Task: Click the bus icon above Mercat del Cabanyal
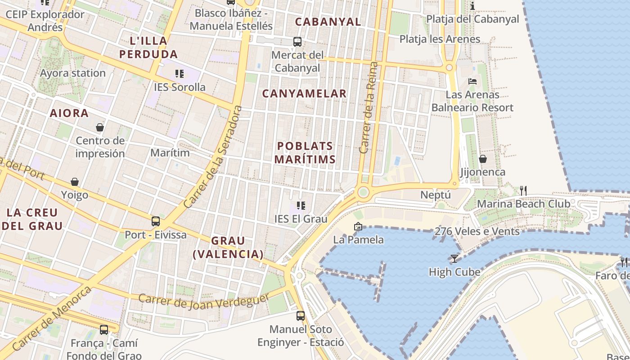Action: point(297,42)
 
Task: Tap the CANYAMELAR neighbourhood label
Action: point(304,94)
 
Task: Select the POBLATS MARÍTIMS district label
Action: point(305,153)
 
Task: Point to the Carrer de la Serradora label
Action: point(213,157)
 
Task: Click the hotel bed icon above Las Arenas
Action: point(472,81)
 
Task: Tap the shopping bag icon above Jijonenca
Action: point(483,159)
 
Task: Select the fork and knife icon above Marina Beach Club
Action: point(523,190)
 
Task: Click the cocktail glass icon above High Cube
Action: point(454,259)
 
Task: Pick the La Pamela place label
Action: point(358,239)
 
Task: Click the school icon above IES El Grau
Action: point(301,206)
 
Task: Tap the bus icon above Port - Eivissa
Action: point(156,221)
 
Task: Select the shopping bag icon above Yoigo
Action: point(75,182)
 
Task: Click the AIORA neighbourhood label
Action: point(69,113)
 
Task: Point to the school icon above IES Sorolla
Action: point(180,74)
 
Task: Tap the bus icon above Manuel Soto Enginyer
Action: point(301,316)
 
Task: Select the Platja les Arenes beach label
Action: point(440,39)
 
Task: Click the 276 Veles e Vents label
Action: point(477,231)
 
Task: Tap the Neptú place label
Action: point(435,195)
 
